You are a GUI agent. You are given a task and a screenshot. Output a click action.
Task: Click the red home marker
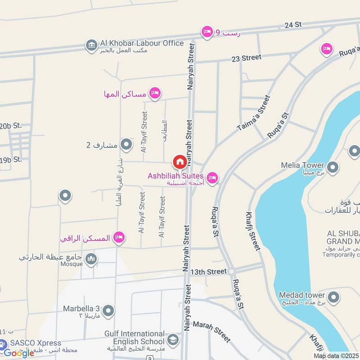[x=179, y=161]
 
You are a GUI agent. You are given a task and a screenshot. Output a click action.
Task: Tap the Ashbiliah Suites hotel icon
[x=212, y=178]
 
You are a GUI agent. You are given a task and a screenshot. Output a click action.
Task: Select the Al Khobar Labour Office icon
[x=92, y=45]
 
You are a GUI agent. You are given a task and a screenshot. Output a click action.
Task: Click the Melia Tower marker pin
[x=333, y=168]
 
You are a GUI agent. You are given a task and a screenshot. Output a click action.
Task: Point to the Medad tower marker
[x=333, y=297]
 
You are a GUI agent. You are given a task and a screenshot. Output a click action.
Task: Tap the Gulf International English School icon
[x=172, y=339]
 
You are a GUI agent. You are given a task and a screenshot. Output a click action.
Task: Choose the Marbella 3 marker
[x=108, y=310]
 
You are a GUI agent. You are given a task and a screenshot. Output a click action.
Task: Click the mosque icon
[x=92, y=259]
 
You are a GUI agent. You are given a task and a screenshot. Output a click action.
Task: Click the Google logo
[x=19, y=353]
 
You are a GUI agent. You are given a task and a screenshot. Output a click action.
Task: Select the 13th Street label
[x=208, y=272]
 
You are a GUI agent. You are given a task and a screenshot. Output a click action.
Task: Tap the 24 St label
[x=293, y=25]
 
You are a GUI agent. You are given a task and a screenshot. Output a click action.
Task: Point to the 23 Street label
[x=246, y=58]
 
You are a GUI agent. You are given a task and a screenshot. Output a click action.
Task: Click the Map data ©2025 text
[x=336, y=356]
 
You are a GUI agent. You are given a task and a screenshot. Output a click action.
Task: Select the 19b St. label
[x=11, y=159]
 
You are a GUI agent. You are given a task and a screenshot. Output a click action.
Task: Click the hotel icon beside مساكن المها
[x=155, y=93]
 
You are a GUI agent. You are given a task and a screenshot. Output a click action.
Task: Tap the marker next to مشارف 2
[x=126, y=144]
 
